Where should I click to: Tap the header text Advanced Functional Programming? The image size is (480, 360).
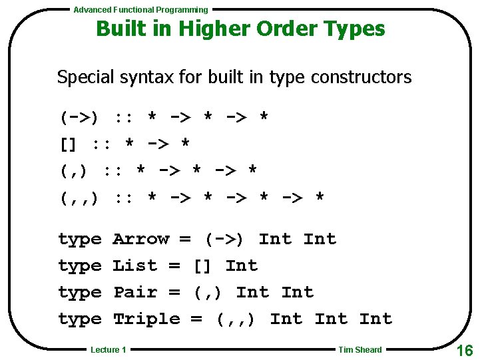[x=140, y=10]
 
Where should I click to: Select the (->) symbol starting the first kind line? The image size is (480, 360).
[x=80, y=118]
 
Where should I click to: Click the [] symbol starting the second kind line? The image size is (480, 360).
[x=69, y=144]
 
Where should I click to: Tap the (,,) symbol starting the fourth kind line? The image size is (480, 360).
[x=80, y=198]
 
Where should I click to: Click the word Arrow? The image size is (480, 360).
[x=141, y=239]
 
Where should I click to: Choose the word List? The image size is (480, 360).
[x=135, y=266]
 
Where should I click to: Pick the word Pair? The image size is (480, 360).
[x=135, y=292]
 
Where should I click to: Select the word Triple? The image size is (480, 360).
[x=146, y=319]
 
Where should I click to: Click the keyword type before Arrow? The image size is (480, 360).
[x=80, y=240]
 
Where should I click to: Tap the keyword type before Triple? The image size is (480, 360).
[x=80, y=319]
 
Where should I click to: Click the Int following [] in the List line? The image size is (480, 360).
[x=242, y=266]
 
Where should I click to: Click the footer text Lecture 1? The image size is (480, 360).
[x=109, y=349]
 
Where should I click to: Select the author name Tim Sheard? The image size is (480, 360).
[x=360, y=349]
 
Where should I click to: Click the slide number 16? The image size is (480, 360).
[x=464, y=350]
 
